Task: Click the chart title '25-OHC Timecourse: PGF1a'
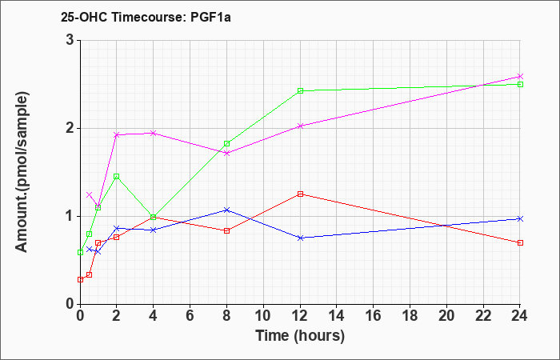tap(146, 17)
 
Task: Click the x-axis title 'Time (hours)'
tap(300, 336)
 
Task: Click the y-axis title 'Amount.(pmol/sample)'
tap(22, 172)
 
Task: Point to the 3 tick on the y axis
tap(71, 40)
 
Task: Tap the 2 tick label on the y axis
tap(71, 129)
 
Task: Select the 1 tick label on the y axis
tap(71, 217)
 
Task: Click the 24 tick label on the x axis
tap(519, 316)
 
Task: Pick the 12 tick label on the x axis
tap(300, 316)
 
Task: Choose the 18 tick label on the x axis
tap(410, 316)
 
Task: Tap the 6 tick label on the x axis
tap(190, 316)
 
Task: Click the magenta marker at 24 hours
tap(520, 77)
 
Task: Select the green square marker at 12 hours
tap(300, 90)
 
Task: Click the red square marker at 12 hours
tap(300, 194)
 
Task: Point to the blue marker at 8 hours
tap(226, 210)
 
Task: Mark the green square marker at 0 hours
tap(80, 253)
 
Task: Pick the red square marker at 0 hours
tap(80, 280)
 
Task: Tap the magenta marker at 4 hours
tap(154, 134)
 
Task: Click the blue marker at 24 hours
tap(520, 218)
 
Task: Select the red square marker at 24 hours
tap(520, 243)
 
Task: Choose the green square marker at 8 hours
tap(226, 143)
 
